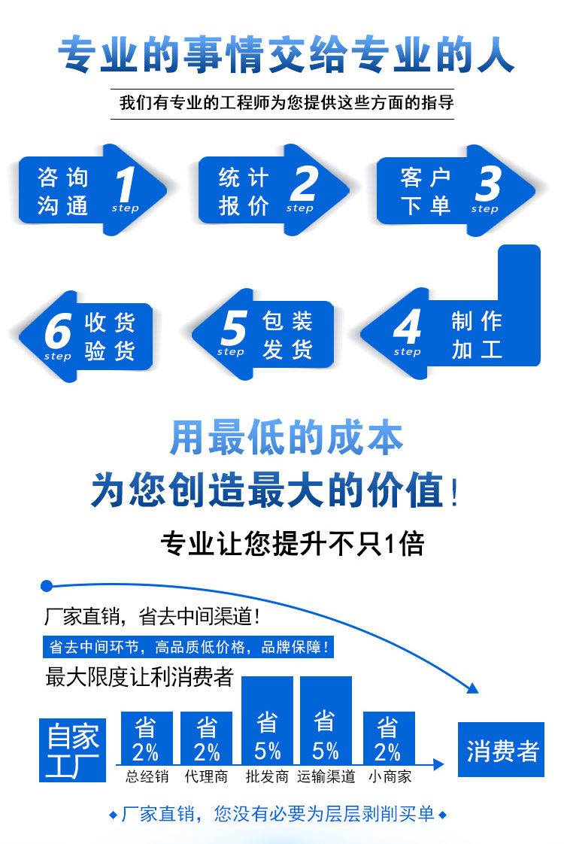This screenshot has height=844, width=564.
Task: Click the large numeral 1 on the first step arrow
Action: click(126, 184)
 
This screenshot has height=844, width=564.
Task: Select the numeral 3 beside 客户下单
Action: click(487, 184)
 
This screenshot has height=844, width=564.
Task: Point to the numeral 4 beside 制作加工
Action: click(407, 328)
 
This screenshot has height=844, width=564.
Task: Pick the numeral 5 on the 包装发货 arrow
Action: click(232, 328)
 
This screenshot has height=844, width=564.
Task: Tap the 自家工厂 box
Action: click(73, 749)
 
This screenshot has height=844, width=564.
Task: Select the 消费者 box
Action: click(502, 750)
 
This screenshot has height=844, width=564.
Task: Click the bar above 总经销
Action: click(146, 738)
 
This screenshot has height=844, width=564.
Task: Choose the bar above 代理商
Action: click(207, 738)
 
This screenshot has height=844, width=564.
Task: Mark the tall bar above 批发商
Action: click(267, 720)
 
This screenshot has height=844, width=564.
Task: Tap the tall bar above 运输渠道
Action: click(326, 720)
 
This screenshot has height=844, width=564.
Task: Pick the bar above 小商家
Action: click(389, 738)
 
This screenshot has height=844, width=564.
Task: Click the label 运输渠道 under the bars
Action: click(326, 776)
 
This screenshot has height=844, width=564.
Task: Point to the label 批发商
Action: click(267, 776)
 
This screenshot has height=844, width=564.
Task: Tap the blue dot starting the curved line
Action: click(47, 585)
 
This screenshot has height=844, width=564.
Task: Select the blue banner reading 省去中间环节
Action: click(188, 647)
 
